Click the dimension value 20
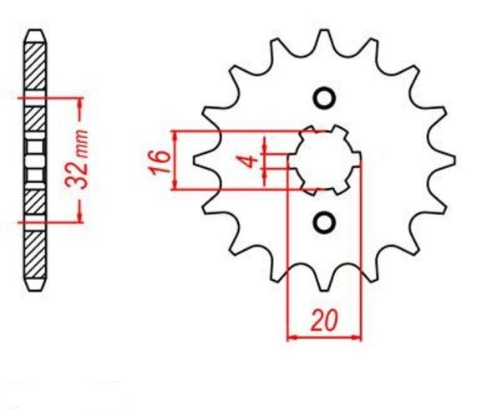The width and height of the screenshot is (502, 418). point(324,320)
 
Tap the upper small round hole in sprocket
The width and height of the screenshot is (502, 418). point(324,98)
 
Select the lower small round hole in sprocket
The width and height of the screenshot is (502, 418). point(324,222)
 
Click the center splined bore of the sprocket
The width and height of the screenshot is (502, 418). point(325,161)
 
